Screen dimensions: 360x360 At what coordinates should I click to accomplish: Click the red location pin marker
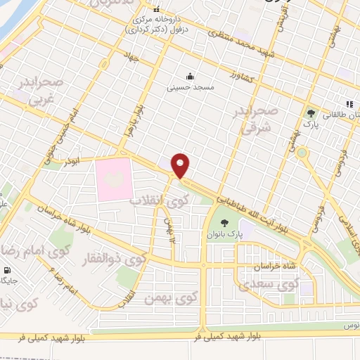click(x=181, y=165)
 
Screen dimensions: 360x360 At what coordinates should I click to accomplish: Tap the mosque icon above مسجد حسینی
click(x=188, y=77)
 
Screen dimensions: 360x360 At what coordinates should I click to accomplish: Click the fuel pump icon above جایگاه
click(x=8, y=270)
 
